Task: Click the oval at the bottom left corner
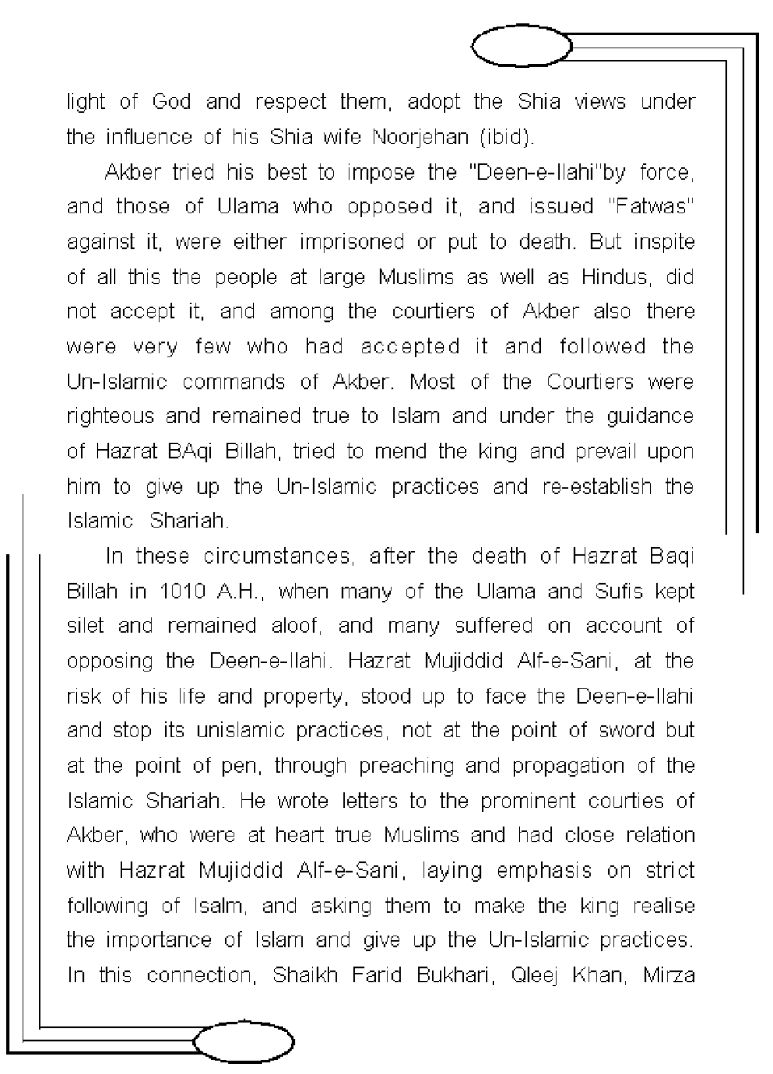243,1042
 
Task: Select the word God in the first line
172,102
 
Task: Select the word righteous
110,416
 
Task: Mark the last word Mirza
668,976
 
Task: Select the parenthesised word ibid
506,137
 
